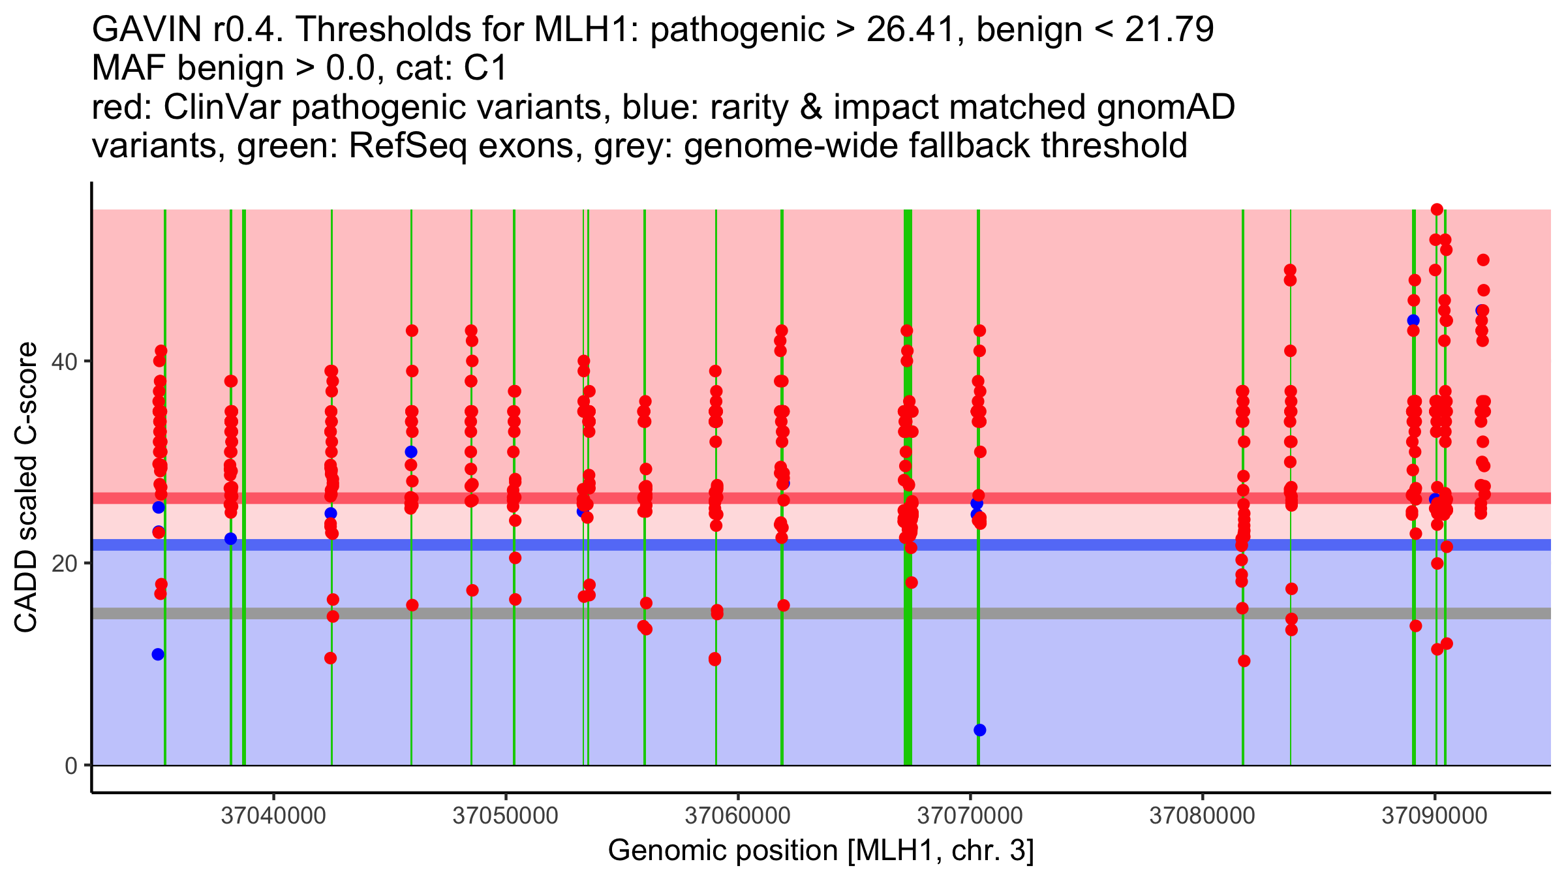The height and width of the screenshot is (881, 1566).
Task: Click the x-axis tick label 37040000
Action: (x=273, y=816)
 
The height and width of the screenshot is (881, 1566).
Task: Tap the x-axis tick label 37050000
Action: (x=505, y=816)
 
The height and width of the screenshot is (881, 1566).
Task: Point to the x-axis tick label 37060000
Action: (x=737, y=816)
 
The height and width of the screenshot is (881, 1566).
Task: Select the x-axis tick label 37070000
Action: (x=970, y=816)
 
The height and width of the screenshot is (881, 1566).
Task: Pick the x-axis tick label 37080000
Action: (x=1202, y=816)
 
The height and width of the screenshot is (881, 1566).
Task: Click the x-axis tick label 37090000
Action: (x=1434, y=816)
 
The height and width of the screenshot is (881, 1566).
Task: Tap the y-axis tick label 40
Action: (x=65, y=362)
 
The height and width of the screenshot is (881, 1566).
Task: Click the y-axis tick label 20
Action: (x=65, y=563)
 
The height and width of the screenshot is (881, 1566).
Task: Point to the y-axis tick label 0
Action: (x=71, y=765)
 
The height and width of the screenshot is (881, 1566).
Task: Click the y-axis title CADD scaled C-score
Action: (x=26, y=488)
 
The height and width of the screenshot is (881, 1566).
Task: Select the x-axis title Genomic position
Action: (x=821, y=851)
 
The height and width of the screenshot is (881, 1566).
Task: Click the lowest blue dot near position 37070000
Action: (x=979, y=730)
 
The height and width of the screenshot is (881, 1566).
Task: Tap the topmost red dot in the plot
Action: (x=1437, y=209)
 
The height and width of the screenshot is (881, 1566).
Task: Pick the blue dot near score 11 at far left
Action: (x=158, y=655)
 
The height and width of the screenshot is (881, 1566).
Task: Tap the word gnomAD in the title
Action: (x=1165, y=108)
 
